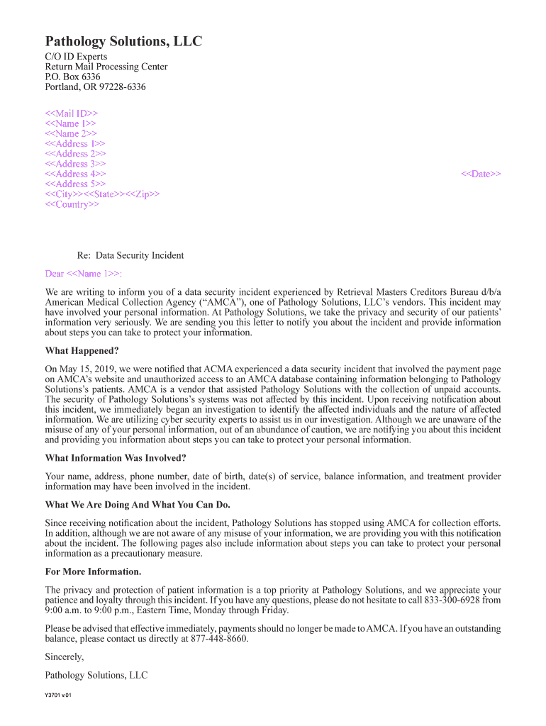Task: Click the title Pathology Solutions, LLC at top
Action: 123,42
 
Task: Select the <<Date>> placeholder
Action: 481,174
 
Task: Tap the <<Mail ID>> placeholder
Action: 72,113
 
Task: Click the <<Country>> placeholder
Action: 72,204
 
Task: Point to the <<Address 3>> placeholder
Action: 76,164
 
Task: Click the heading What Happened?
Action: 82,350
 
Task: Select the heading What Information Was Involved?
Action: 116,458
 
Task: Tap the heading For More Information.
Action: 93,571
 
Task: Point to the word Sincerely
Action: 64,657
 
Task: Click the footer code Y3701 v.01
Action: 58,695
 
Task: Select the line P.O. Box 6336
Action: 72,77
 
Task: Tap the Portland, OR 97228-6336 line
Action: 95,87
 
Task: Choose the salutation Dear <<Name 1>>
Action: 83,274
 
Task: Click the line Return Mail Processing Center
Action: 106,67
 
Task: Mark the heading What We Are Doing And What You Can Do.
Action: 138,505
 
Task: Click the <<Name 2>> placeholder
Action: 71,133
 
